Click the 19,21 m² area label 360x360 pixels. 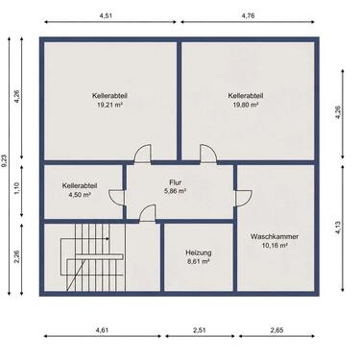[110, 105]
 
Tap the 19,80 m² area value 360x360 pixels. [246, 105]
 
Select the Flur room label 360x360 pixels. [176, 182]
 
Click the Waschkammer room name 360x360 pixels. [275, 236]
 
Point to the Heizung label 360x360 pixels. [199, 252]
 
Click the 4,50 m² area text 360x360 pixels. [80, 195]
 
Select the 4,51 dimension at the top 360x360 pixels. [106, 15]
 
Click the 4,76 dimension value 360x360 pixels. [248, 15]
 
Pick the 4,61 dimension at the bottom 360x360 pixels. [102, 330]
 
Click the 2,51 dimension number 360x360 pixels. [200, 330]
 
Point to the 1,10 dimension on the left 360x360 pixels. [17, 188]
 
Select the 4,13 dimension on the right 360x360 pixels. [339, 228]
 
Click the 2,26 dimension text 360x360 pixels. [17, 256]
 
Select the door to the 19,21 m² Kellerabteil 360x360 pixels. [143, 154]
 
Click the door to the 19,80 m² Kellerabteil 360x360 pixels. [208, 154]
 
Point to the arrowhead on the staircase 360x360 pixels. [108, 239]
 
